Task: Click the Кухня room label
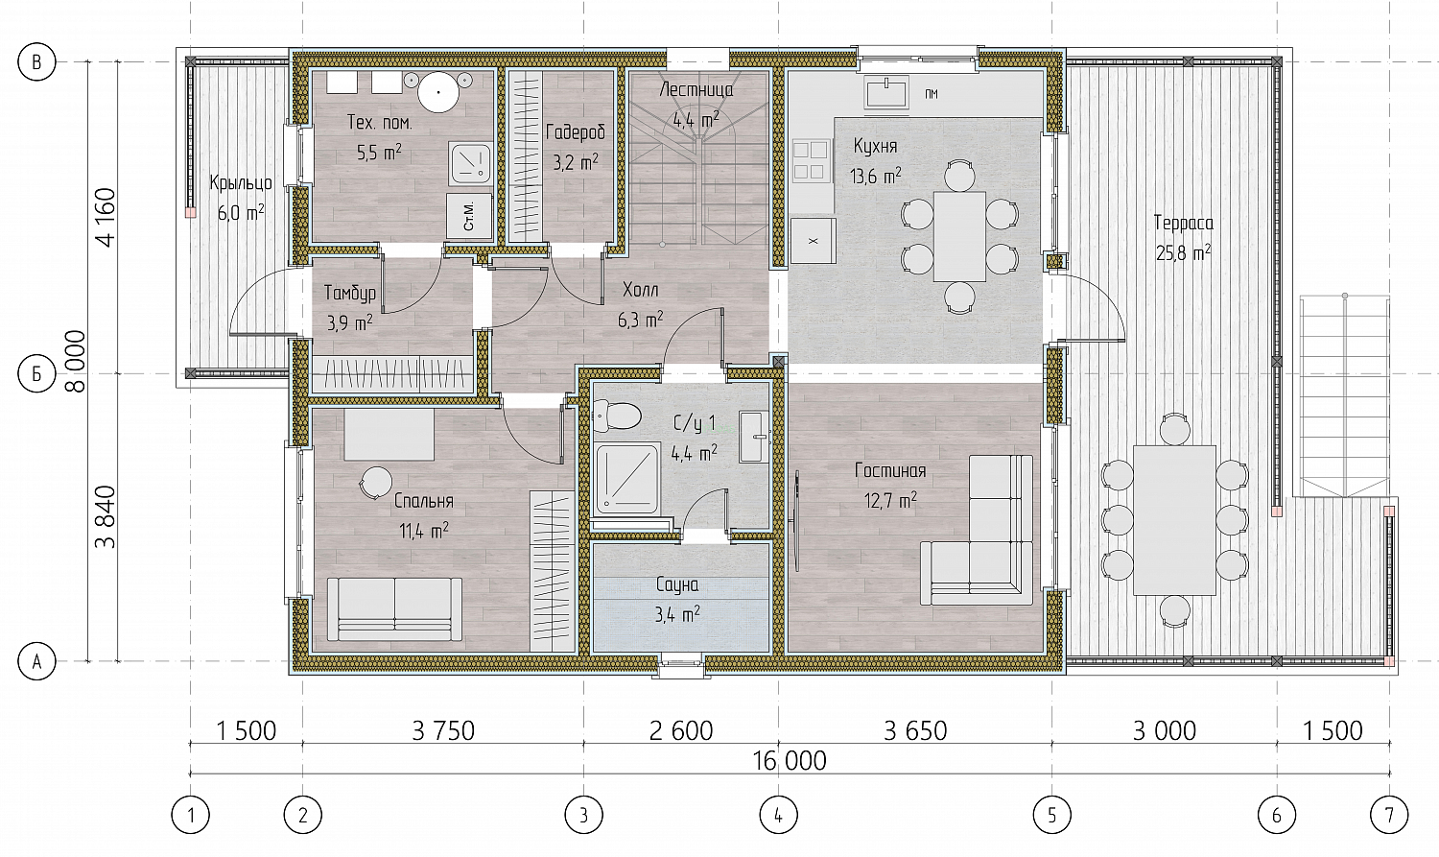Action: point(875,147)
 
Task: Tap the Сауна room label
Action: point(677,585)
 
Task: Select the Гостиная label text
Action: point(890,471)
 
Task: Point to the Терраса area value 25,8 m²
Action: point(1183,253)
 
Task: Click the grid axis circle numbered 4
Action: point(779,815)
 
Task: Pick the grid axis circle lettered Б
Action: point(36,373)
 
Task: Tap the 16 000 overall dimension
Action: point(790,761)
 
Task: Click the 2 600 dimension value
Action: point(681,731)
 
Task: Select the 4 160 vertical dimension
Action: point(106,217)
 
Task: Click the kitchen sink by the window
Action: point(886,91)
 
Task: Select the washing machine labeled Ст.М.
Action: point(470,216)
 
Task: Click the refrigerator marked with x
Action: point(814,241)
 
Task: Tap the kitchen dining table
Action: point(959,236)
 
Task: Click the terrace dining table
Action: point(1174,520)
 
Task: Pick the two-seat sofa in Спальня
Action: point(394,609)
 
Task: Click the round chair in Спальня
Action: point(376,482)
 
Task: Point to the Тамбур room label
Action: point(350,293)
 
